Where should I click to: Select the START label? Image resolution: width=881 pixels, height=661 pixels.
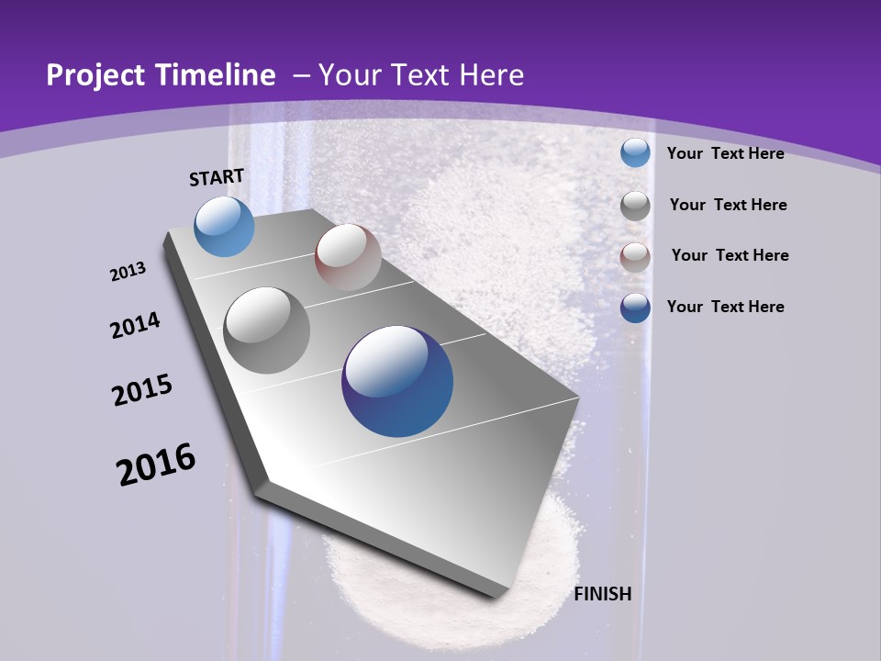click(217, 177)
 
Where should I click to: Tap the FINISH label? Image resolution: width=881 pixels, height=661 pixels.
click(603, 594)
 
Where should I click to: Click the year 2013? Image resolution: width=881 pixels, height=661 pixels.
click(128, 272)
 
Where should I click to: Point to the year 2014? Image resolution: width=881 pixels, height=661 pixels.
click(136, 326)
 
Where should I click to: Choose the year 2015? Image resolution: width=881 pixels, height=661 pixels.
click(142, 390)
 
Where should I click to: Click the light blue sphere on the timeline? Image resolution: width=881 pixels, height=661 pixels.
click(225, 226)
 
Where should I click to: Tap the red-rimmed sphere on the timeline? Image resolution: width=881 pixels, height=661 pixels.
click(348, 257)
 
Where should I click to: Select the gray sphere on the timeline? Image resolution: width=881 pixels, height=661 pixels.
click(267, 330)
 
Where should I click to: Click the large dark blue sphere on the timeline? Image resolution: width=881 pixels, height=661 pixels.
click(397, 381)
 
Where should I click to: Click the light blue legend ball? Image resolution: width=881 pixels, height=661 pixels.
click(635, 153)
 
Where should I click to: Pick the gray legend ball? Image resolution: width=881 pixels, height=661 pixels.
click(635, 206)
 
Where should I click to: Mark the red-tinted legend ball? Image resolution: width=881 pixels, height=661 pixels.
click(635, 257)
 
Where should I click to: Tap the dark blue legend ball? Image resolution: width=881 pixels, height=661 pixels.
click(635, 308)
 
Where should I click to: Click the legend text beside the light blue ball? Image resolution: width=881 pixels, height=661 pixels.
click(725, 153)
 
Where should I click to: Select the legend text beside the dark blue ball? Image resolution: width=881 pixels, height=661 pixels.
click(725, 307)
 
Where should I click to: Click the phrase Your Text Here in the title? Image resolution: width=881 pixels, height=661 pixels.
click(421, 75)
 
